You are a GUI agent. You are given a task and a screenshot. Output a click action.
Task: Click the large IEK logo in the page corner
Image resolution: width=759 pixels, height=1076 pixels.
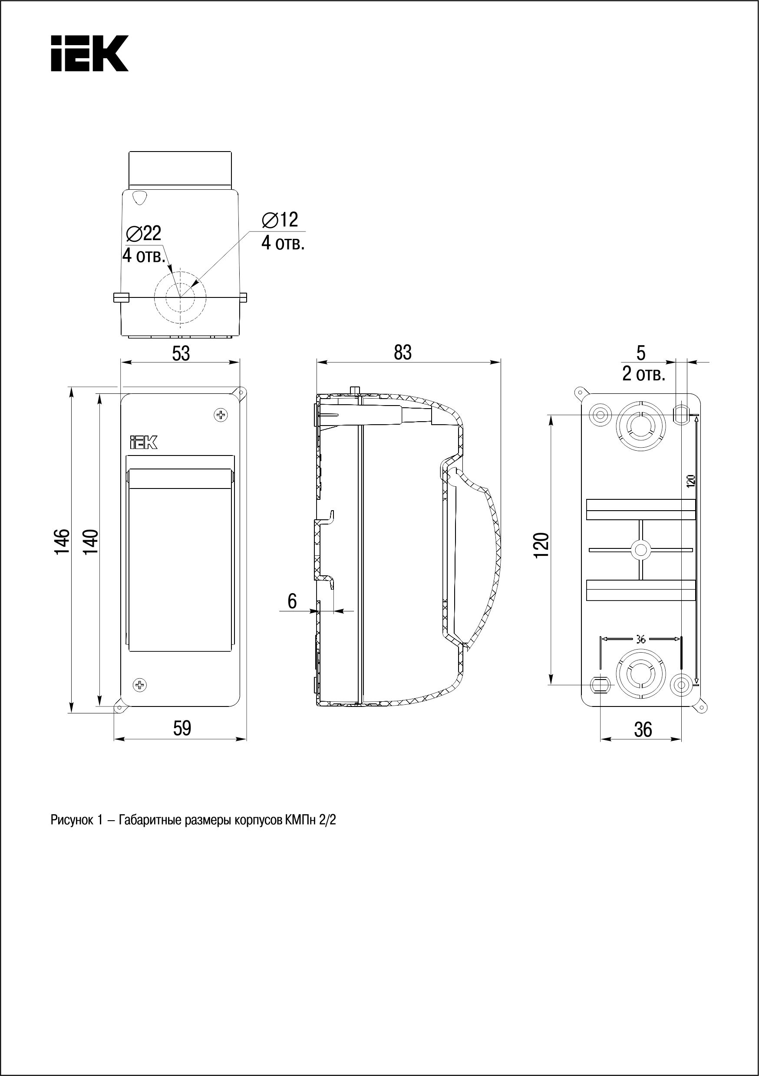pos(89,53)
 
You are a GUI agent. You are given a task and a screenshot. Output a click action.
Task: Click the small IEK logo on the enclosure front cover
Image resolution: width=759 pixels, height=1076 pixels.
pos(143,442)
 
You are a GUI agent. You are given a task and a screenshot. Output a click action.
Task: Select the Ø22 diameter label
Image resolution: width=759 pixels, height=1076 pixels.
pos(144,233)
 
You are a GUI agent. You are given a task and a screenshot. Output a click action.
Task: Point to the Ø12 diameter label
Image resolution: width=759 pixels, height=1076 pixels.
pos(280,220)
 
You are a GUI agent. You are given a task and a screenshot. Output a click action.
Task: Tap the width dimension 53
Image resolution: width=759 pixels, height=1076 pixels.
pos(181,354)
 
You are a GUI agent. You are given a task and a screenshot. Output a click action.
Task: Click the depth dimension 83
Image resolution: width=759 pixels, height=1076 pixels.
pos(403,353)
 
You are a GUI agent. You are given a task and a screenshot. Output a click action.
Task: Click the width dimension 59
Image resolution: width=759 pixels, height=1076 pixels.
pos(182,728)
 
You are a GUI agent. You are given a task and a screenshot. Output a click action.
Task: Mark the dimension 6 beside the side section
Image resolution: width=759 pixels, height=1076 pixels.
pos(292,601)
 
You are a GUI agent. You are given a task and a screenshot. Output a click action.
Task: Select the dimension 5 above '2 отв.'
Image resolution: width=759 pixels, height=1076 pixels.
pos(641,353)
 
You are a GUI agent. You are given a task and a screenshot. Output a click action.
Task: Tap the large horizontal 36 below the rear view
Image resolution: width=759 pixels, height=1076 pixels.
pos(643,729)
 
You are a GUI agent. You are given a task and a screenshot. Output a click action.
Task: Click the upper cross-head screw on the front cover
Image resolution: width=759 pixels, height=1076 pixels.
pos(221,415)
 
